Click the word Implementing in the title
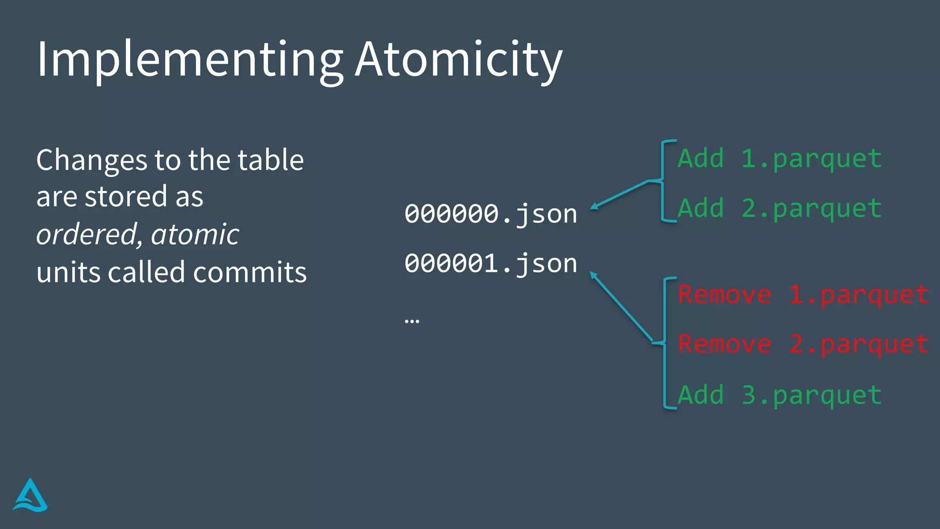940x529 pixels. point(190,60)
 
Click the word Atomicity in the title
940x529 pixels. point(459,60)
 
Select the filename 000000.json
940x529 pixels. point(491,214)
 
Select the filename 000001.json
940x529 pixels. point(491,264)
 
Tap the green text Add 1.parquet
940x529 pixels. point(779,159)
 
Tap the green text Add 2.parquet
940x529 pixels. point(779,208)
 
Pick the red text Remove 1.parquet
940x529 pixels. point(804,295)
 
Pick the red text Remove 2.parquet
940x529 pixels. point(804,344)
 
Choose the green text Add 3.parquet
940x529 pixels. point(779,395)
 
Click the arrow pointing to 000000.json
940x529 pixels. point(620,194)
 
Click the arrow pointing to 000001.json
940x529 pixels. point(621,306)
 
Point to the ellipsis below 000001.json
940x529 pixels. point(412,321)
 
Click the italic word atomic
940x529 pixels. point(195,235)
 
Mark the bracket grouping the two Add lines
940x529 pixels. point(663,181)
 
